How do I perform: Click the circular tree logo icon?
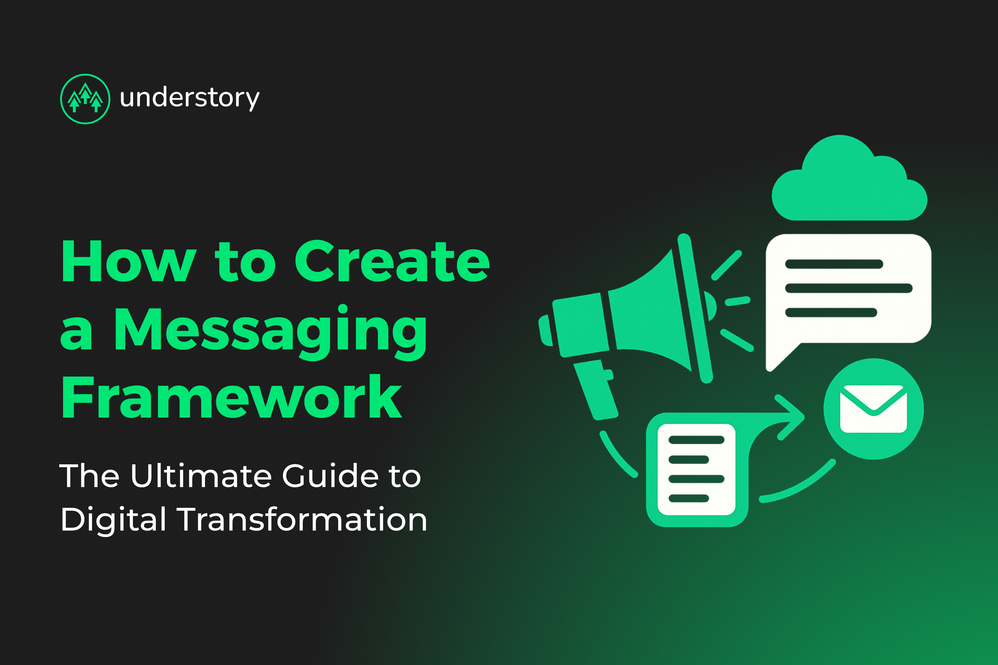click(85, 99)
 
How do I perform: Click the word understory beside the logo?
click(190, 98)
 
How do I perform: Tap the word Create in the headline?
click(392, 261)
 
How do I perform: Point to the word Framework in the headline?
click(232, 396)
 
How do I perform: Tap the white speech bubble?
click(848, 297)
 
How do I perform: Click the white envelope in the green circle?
click(873, 409)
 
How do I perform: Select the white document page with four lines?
click(696, 469)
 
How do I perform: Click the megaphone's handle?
click(595, 389)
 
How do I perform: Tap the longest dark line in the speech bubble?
click(849, 288)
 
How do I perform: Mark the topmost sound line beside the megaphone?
click(726, 266)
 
